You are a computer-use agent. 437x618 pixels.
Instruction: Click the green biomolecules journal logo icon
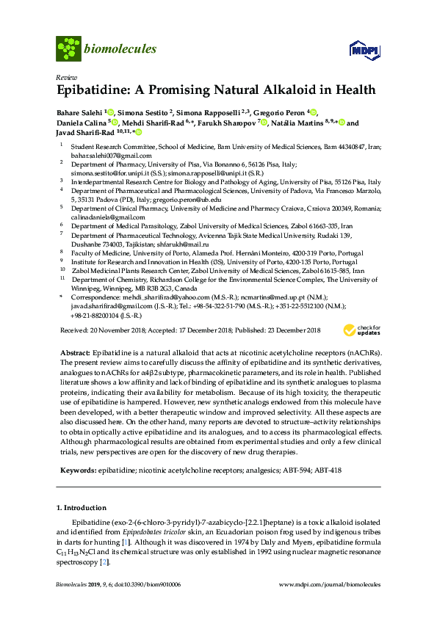coord(69,49)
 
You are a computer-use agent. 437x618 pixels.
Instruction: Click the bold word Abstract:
coord(74,353)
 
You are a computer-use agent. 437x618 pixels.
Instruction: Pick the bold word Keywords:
coord(77,468)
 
